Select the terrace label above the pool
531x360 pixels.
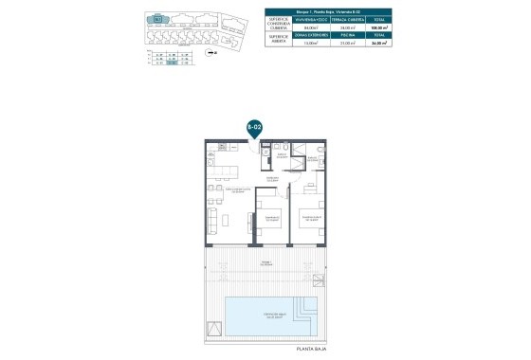coord(266,261)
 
